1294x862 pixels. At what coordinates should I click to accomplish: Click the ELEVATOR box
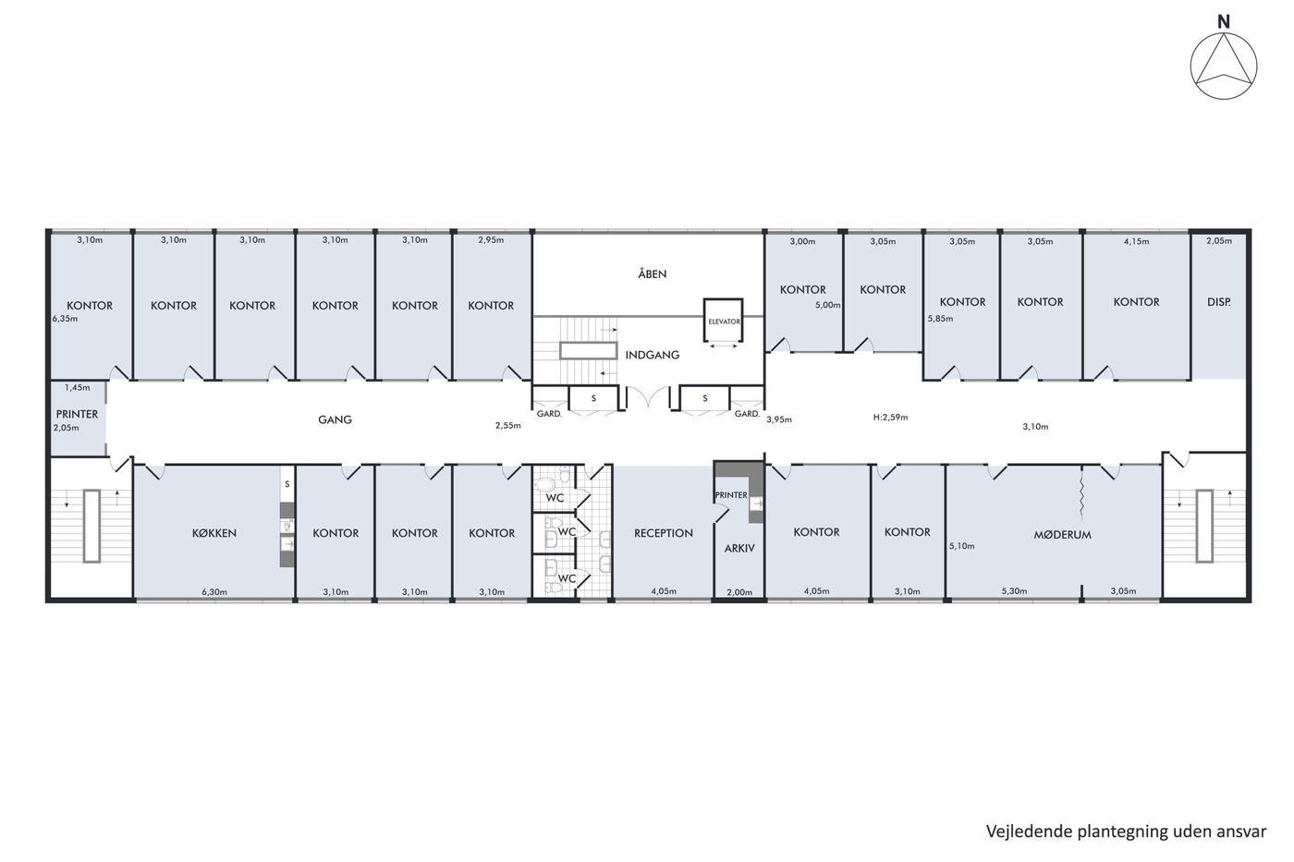(x=723, y=321)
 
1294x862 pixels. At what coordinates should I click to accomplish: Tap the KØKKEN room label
(x=214, y=533)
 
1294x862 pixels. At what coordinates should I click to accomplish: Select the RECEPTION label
(x=664, y=533)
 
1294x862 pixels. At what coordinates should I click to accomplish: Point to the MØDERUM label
(x=1062, y=535)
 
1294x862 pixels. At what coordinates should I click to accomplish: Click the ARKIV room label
(x=739, y=548)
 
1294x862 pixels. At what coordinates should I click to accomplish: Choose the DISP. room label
(x=1219, y=302)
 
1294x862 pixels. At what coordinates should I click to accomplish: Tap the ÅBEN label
(x=653, y=273)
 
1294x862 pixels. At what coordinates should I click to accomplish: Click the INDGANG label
(x=653, y=355)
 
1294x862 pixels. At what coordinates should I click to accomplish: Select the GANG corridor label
(x=335, y=419)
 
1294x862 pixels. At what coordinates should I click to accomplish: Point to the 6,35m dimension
(x=66, y=318)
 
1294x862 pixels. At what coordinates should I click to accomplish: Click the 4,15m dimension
(x=1136, y=241)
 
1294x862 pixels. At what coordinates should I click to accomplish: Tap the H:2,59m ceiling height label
(x=890, y=417)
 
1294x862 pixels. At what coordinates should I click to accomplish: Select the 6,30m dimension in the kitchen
(x=214, y=592)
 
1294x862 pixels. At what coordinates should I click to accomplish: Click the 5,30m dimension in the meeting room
(x=1015, y=591)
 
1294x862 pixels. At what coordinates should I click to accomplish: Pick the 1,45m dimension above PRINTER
(x=78, y=388)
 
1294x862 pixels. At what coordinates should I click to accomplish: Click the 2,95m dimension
(x=491, y=240)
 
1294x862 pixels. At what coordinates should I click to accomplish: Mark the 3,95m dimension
(x=779, y=419)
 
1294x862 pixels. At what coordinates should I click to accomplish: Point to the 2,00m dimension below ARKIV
(x=739, y=592)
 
